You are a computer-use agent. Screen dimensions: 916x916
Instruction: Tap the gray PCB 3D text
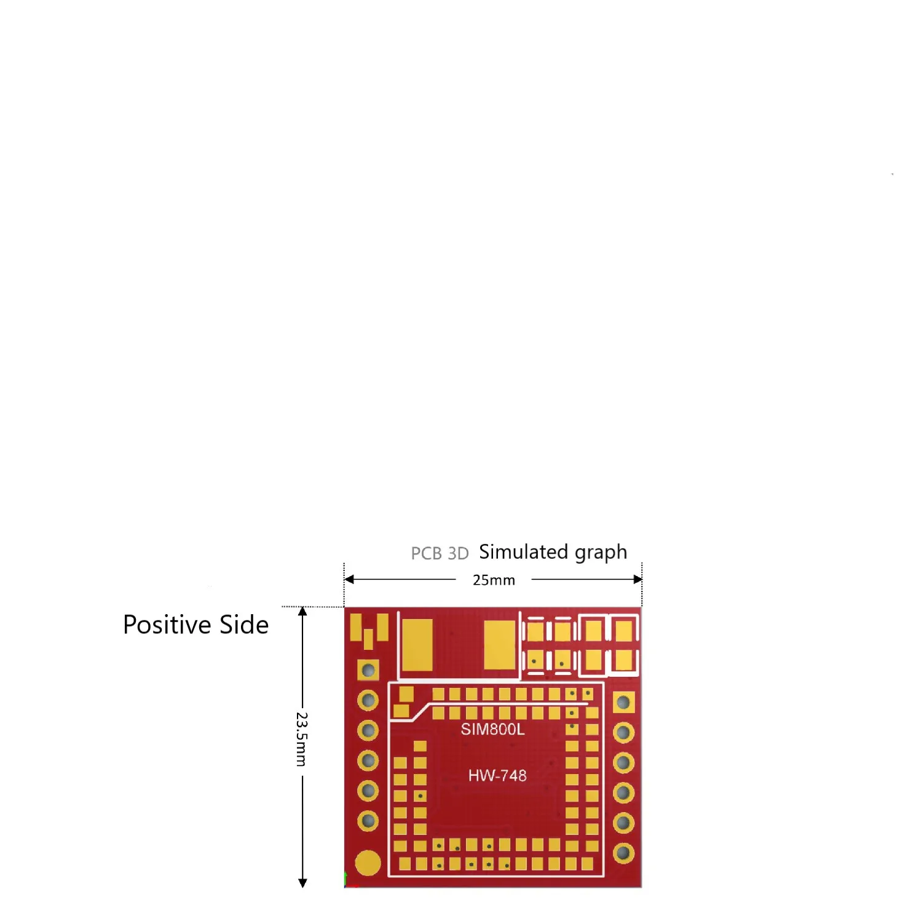tap(440, 553)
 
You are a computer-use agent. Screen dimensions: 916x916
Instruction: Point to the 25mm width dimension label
tap(494, 580)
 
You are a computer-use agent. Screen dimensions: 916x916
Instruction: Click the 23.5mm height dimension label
tap(301, 739)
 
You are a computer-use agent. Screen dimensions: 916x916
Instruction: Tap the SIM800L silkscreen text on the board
tap(492, 729)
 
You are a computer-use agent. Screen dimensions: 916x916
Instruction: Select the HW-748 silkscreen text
tap(497, 775)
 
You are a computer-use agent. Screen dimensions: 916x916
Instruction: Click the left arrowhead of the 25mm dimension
tap(349, 579)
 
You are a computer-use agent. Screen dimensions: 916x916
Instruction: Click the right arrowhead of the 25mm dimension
tap(638, 579)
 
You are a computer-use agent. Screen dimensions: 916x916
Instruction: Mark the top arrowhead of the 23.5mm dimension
tap(302, 612)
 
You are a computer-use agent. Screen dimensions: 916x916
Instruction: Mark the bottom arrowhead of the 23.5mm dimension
tap(302, 883)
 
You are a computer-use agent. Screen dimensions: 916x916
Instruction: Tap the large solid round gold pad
tap(368, 863)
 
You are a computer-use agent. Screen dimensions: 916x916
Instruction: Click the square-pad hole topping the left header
tap(368, 670)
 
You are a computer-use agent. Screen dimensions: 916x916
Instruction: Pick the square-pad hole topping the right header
tap(623, 702)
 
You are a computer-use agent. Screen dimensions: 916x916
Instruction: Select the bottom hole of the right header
tap(623, 853)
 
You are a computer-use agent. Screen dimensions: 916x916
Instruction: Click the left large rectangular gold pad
tap(417, 644)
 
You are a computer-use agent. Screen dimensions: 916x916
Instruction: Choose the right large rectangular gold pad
tap(499, 644)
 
